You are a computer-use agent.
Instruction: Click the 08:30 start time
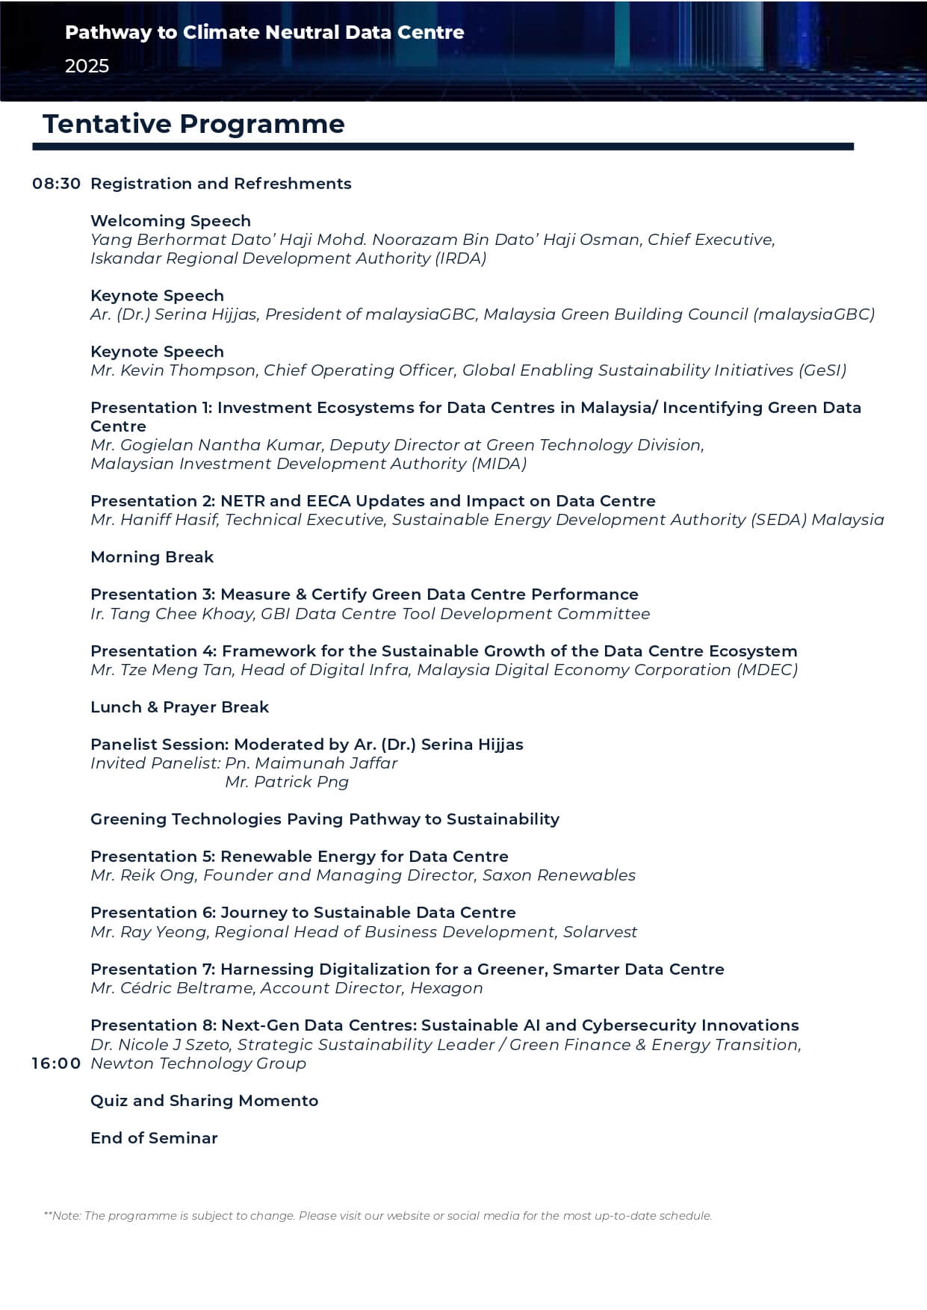pos(56,184)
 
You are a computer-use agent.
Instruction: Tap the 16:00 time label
pos(56,1064)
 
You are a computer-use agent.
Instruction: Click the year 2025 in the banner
pos(87,66)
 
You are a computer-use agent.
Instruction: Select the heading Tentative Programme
pos(193,124)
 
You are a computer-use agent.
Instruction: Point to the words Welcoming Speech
pos(170,221)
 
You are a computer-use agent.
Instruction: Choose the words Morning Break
pos(152,557)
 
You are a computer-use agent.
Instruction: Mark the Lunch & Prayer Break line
pos(179,707)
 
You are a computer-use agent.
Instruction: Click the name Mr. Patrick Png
pos(287,782)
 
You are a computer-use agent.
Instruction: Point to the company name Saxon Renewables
pos(559,875)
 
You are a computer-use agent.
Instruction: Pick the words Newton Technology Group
pos(198,1064)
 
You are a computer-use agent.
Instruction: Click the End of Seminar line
pos(154,1138)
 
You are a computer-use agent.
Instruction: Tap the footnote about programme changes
pos(377,1216)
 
